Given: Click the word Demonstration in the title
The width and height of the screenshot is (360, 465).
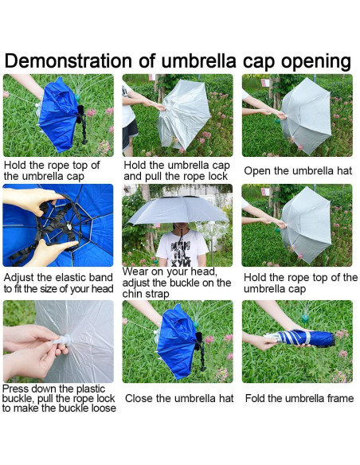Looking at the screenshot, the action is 68,61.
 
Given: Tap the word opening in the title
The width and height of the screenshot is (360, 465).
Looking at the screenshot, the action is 316,62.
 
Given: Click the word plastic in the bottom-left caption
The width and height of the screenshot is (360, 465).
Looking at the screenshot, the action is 91,389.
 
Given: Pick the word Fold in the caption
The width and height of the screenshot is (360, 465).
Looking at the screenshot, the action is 255,398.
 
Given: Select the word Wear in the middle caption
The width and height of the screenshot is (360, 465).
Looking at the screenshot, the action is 134,272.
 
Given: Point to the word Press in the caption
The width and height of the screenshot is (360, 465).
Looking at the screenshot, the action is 16,389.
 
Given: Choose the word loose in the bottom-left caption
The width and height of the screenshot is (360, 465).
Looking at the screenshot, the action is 104,408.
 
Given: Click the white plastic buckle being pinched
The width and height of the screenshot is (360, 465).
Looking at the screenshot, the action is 63,340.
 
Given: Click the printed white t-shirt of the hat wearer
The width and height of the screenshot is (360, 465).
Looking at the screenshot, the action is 182,248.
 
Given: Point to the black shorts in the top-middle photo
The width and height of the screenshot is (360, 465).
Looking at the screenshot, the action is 129,135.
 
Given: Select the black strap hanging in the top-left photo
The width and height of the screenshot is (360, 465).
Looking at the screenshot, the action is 82,123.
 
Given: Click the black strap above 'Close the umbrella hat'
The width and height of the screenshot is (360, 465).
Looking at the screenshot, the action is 201,351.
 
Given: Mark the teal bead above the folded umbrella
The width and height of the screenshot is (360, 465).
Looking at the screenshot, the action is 305,318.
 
